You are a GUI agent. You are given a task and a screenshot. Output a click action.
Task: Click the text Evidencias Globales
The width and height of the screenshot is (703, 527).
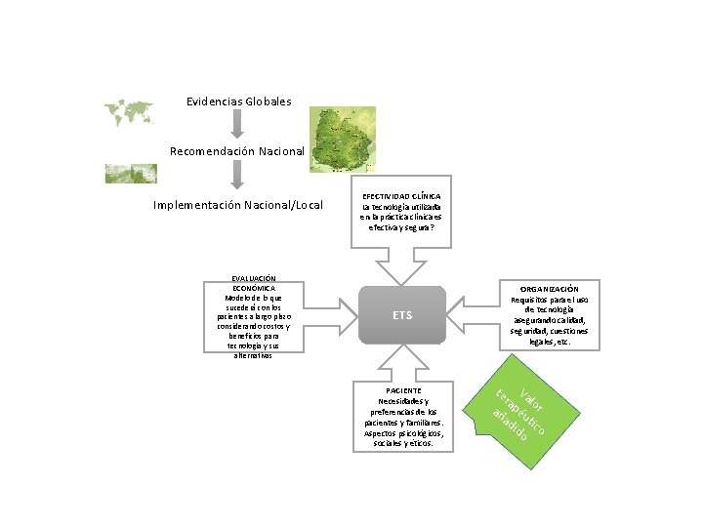[x=238, y=101]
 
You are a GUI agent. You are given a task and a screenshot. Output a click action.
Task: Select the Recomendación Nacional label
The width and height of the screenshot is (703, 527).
[x=237, y=151]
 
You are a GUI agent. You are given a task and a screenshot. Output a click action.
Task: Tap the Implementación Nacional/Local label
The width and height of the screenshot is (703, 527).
[x=238, y=205]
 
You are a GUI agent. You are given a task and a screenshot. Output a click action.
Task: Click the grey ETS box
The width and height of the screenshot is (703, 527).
[x=402, y=315]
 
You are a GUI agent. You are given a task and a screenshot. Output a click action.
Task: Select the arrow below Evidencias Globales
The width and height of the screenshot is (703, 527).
[x=237, y=125]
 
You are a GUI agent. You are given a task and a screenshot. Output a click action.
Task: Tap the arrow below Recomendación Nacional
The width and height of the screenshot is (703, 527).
[x=237, y=176]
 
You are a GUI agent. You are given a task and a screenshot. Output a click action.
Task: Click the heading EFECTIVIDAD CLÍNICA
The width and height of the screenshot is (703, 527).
[x=402, y=196]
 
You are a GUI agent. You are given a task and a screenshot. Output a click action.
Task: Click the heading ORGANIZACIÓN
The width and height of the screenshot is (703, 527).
[x=549, y=290]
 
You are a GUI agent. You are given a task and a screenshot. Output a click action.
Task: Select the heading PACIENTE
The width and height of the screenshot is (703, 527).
[x=403, y=390]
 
